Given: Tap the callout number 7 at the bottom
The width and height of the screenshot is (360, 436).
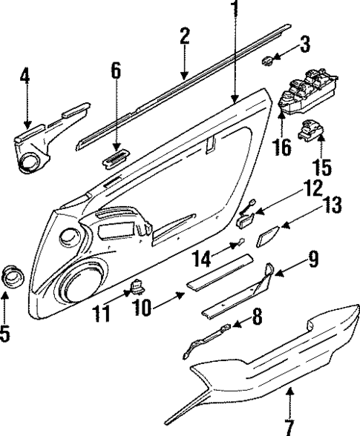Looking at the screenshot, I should pyautogui.click(x=289, y=423).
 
